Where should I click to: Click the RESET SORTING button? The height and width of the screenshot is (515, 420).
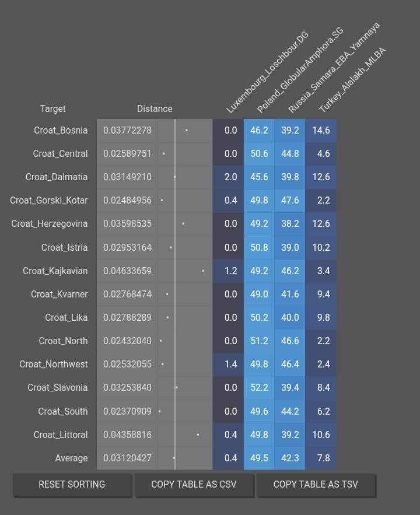72,485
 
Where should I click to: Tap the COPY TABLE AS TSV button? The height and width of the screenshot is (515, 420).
316,485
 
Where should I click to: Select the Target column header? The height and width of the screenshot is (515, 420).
52,109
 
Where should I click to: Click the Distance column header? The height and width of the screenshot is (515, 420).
155,109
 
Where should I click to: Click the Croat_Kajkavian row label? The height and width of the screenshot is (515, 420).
55,271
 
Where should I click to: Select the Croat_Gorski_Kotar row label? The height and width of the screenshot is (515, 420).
48,201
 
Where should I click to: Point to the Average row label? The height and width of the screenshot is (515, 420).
71,458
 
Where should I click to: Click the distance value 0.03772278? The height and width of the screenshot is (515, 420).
127,131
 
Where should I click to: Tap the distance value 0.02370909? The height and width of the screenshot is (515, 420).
127,411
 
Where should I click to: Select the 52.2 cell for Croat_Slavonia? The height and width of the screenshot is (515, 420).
259,388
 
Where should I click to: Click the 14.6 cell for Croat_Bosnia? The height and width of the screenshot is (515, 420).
321,131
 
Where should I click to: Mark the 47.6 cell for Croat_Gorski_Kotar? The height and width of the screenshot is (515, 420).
290,201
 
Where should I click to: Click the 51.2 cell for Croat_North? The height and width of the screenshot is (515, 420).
259,341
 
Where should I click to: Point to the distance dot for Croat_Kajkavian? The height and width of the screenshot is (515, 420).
203,271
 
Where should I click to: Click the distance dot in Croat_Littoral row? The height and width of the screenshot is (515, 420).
198,435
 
